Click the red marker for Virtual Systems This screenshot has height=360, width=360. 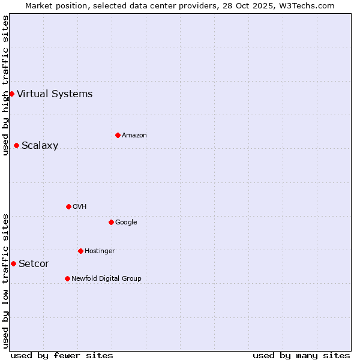click(11, 94)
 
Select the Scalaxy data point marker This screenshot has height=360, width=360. click(16, 145)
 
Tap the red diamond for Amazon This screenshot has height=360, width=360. click(118, 135)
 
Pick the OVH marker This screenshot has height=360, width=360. click(68, 206)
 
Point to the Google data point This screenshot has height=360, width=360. click(111, 222)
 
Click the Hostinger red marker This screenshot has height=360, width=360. click(80, 251)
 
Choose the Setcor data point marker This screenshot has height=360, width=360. click(13, 263)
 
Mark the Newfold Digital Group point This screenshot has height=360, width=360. click(67, 278)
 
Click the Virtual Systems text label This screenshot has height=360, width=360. click(55, 94)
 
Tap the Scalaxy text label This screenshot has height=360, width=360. click(40, 145)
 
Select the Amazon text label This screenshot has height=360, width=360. click(134, 135)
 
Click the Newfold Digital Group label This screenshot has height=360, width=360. click(106, 278)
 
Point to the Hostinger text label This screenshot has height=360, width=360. click(100, 251)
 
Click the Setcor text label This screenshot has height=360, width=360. click(34, 263)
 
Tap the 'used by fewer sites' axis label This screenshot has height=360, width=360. click(62, 355)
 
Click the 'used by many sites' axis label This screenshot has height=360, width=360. click(301, 355)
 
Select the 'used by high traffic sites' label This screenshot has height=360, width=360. click(5, 85)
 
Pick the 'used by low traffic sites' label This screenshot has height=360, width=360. click(5, 281)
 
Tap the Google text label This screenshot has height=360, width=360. click(126, 222)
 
